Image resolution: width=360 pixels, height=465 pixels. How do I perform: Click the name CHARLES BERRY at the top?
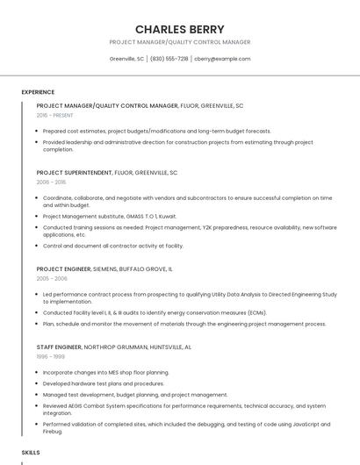point(179,29)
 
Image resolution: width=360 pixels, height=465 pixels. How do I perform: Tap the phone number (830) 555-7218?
point(169,59)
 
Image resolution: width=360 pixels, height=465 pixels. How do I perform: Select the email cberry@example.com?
point(222,59)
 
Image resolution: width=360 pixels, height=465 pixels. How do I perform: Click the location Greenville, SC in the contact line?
point(126,59)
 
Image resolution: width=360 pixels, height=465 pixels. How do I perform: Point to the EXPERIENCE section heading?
point(38,92)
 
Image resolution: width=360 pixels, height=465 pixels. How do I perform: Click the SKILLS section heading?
point(31,452)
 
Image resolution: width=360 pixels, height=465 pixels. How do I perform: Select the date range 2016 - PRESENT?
point(55,115)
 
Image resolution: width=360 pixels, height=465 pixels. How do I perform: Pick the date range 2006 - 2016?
point(51,182)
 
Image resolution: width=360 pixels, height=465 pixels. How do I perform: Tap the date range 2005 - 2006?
point(52,278)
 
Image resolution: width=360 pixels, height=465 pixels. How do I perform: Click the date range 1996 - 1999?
point(50,356)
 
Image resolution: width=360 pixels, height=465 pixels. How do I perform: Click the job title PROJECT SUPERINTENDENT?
point(75,172)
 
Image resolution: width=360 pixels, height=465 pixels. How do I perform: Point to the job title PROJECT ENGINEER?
point(64,268)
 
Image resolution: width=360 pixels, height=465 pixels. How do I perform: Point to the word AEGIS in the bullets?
point(77,406)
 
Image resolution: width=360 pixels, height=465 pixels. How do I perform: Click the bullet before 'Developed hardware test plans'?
point(37,383)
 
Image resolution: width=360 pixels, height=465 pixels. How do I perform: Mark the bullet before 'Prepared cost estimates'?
point(37,131)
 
